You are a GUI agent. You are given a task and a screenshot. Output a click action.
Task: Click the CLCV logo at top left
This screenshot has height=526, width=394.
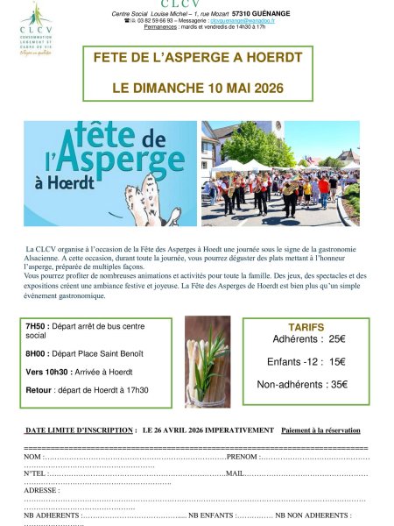34,28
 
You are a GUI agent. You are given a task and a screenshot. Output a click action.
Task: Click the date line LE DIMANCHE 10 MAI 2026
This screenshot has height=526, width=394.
198,89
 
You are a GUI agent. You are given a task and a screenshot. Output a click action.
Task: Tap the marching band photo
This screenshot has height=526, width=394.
280,174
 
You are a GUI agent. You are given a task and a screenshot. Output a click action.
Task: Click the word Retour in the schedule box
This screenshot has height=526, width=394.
39,389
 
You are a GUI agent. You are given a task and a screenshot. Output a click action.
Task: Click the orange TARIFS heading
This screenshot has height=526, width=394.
306,327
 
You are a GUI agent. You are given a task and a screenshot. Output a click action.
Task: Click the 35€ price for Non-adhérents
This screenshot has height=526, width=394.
339,384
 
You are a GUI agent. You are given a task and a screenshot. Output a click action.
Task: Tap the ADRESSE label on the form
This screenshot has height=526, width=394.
41,490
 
